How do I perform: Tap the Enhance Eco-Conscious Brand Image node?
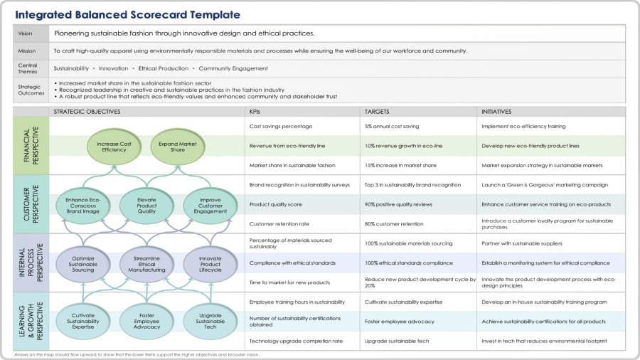83,206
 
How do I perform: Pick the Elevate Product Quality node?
147,206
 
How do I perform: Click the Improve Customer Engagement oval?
210,206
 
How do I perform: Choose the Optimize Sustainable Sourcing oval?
83,264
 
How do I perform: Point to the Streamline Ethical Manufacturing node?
147,264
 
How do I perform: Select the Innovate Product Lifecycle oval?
210,264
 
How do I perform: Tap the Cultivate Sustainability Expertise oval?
83,322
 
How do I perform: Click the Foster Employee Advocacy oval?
147,322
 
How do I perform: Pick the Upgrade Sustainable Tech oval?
210,322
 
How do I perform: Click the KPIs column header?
255,112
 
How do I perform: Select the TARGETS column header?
377,112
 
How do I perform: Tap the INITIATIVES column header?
496,112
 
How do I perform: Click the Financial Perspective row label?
31,146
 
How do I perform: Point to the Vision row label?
26,33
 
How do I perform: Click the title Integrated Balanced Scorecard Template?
128,15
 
